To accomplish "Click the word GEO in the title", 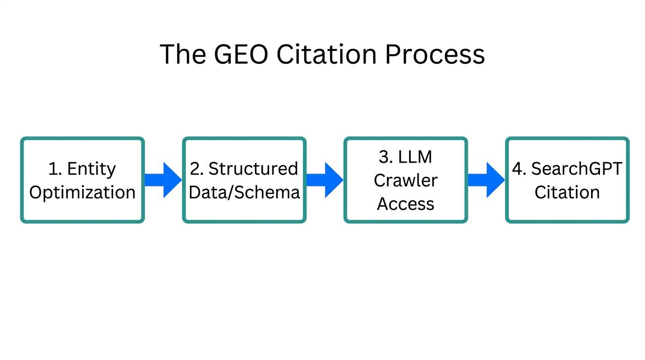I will click(x=241, y=54).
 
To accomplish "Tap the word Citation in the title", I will click(x=326, y=54).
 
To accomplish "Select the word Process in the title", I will click(x=435, y=54).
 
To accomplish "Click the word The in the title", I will click(x=182, y=54).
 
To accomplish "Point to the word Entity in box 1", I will click(x=91, y=169).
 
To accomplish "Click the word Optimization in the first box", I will click(x=82, y=193).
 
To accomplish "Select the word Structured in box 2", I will click(x=253, y=169).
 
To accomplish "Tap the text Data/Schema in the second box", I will click(x=244, y=193).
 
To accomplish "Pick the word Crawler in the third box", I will click(x=405, y=180).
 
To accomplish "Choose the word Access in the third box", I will click(x=405, y=204).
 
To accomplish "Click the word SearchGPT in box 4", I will click(x=577, y=169).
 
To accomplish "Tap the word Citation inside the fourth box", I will click(x=567, y=193).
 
